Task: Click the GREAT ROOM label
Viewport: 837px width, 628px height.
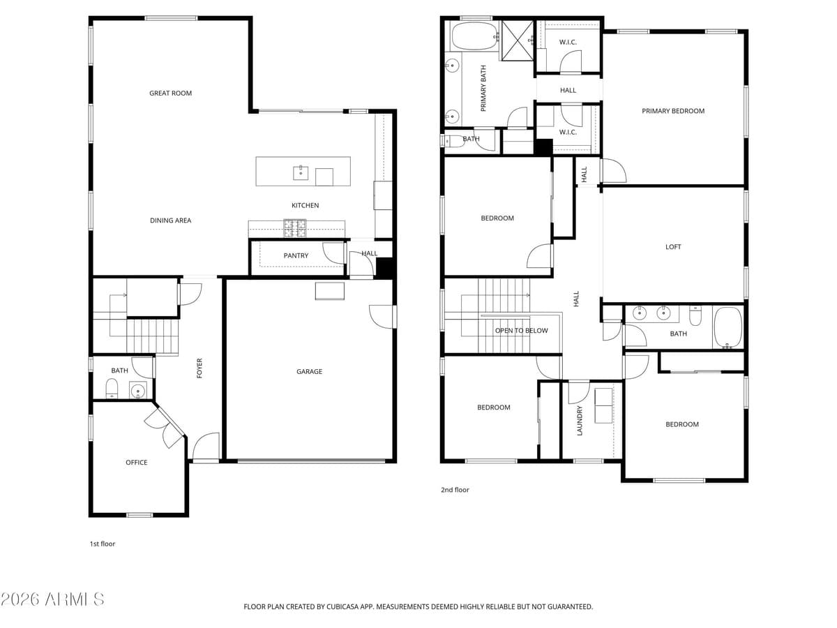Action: coord(170,93)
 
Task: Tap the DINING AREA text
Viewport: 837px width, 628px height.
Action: coord(170,220)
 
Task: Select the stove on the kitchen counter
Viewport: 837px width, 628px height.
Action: coord(294,225)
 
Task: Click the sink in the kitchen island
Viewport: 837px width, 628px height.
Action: coord(301,172)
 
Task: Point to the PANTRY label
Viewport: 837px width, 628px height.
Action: coord(296,255)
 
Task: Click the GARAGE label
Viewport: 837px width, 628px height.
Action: coord(309,371)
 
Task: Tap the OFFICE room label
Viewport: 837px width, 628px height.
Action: coord(137,462)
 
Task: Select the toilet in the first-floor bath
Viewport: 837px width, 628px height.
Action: coord(112,388)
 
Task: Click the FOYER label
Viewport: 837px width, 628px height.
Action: coord(199,368)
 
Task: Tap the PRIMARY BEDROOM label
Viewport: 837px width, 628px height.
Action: coord(673,110)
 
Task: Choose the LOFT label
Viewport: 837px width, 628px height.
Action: coord(673,246)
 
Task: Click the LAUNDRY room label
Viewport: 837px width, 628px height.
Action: coord(580,421)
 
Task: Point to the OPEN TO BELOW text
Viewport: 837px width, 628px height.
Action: coord(522,330)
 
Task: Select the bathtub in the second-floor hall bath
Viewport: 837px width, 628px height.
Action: coord(727,327)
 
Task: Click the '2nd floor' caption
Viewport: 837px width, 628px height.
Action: coord(455,490)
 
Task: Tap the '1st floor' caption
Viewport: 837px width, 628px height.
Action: coord(102,544)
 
